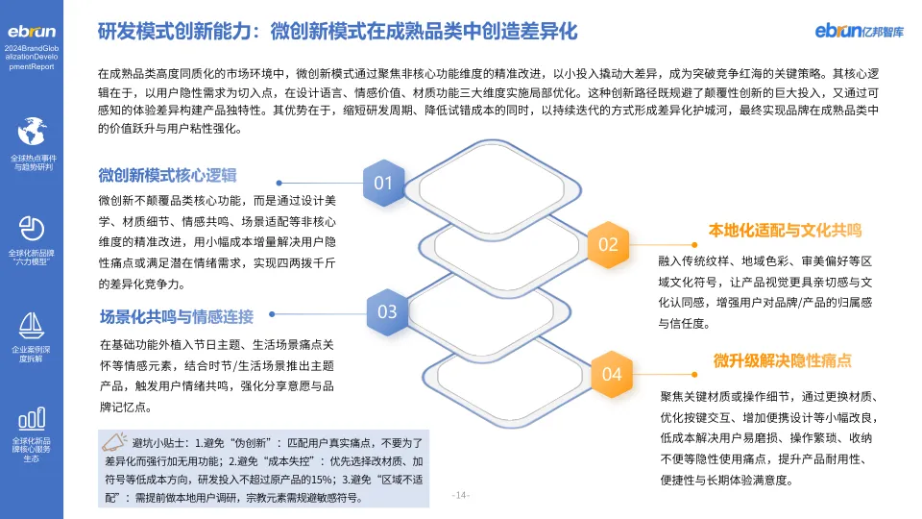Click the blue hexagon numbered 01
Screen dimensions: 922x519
(x=383, y=183)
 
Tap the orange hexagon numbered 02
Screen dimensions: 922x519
(x=608, y=244)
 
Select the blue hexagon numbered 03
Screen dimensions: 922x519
(x=387, y=311)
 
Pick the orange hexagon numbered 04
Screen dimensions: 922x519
(x=612, y=373)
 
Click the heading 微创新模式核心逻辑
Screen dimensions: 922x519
(x=167, y=176)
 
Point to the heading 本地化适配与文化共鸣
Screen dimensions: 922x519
(x=785, y=231)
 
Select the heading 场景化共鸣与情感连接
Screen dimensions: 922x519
(x=176, y=316)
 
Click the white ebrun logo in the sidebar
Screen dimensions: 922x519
(x=32, y=31)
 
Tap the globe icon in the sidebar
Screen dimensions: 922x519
(x=33, y=131)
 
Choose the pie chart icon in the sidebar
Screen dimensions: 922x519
(x=33, y=227)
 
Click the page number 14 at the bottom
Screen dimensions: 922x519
(x=460, y=496)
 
